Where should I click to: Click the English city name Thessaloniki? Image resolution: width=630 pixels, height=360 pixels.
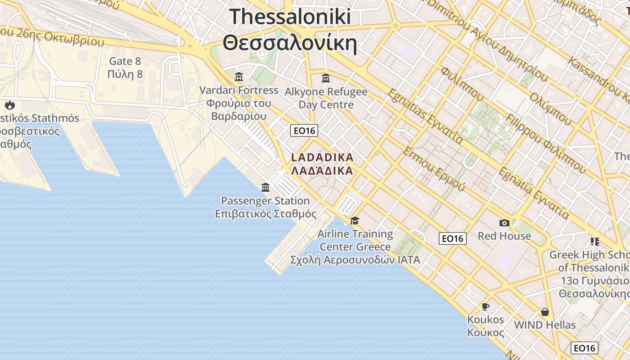tap(290, 17)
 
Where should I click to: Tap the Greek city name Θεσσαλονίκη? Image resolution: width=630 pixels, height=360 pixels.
tap(290, 44)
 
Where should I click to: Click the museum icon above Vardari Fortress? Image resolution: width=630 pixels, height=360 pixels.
tap(239, 76)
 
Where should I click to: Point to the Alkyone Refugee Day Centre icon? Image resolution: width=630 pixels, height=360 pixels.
tap(326, 78)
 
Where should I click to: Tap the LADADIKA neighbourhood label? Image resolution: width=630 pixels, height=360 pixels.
tap(322, 158)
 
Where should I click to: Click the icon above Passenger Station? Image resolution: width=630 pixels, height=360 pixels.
tap(265, 187)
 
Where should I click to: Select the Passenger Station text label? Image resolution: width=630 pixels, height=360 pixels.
tap(265, 201)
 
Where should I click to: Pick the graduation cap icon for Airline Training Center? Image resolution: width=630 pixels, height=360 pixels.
tap(355, 220)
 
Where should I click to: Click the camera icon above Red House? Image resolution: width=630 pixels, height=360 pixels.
tap(504, 223)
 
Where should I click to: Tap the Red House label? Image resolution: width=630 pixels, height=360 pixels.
tap(504, 236)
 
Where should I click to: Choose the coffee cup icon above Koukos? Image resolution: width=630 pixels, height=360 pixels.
tap(485, 307)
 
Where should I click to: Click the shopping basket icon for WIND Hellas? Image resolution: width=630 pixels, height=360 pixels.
tap(544, 312)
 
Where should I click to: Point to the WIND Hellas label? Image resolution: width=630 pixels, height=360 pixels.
tap(544, 325)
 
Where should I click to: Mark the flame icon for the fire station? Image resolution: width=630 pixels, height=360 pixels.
tap(9, 105)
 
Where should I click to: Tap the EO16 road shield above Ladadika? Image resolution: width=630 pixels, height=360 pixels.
tap(304, 131)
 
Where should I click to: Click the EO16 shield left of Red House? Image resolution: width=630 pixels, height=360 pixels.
tap(452, 238)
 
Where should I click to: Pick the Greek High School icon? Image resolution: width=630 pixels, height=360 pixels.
tap(595, 242)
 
